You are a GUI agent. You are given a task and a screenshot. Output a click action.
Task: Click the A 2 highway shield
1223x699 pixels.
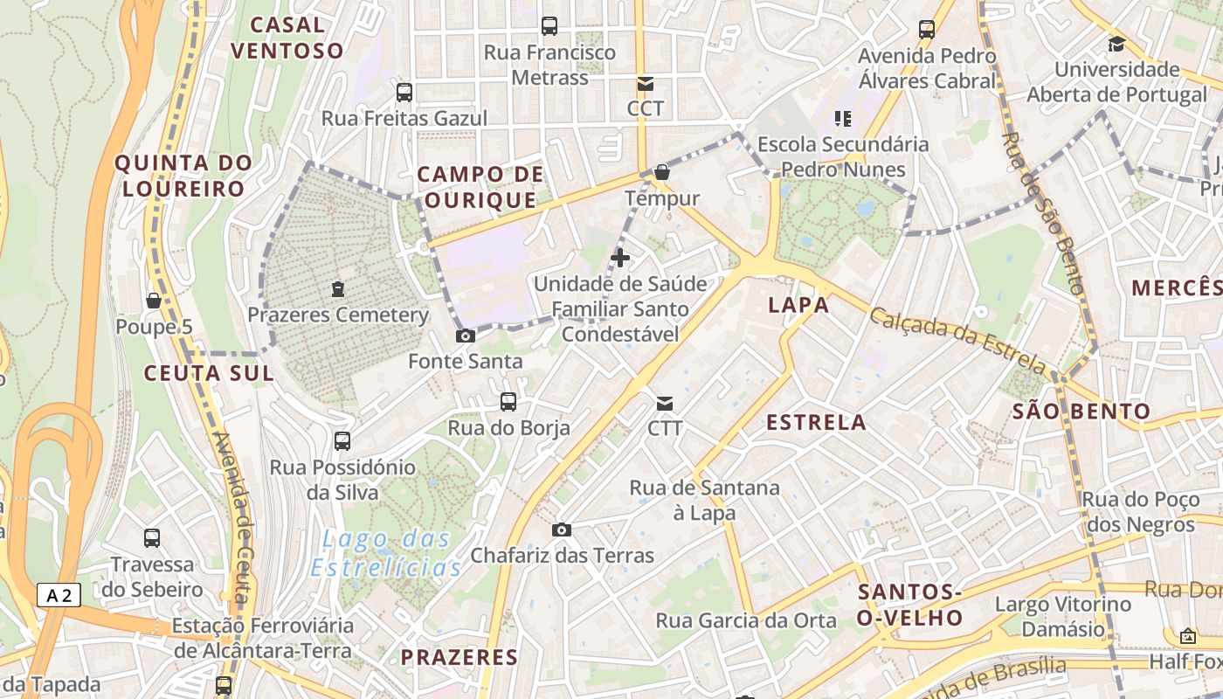tap(59, 596)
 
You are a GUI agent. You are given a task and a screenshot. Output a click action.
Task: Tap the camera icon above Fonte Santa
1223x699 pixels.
tap(466, 336)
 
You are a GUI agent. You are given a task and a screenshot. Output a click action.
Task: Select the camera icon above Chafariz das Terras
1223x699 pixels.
tap(562, 529)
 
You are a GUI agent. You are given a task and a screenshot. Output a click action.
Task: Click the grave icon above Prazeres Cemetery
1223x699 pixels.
tap(338, 289)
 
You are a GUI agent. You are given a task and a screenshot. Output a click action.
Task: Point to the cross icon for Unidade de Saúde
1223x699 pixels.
tap(620, 258)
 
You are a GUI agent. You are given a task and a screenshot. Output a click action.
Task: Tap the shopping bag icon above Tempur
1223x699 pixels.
tap(662, 172)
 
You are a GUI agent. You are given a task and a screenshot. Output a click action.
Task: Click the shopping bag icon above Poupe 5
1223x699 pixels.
tap(154, 301)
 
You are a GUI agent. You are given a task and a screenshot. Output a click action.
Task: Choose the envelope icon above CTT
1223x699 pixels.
tap(665, 403)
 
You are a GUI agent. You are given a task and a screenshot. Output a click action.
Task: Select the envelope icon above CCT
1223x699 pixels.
tap(646, 84)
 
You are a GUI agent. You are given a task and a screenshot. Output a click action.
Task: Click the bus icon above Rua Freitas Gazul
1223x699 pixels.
tap(404, 92)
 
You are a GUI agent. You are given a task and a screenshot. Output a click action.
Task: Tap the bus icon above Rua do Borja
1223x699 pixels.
tap(508, 402)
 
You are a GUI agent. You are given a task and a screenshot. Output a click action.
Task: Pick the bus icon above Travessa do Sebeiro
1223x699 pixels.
tap(152, 538)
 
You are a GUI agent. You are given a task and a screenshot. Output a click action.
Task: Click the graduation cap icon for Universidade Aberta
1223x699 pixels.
tap(1116, 44)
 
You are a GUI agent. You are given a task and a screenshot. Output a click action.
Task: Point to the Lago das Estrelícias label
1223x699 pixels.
tap(386, 553)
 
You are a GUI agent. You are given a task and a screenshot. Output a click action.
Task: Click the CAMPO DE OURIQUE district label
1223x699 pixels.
tap(480, 187)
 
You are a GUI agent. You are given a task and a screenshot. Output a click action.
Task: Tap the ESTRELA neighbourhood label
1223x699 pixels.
tap(816, 423)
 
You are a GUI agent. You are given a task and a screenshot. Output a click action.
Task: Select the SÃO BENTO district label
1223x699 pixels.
tap(1081, 411)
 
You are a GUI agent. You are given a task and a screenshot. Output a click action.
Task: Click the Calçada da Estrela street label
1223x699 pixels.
tap(957, 342)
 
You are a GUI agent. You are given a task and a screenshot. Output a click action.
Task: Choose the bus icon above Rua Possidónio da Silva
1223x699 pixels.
tap(342, 441)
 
